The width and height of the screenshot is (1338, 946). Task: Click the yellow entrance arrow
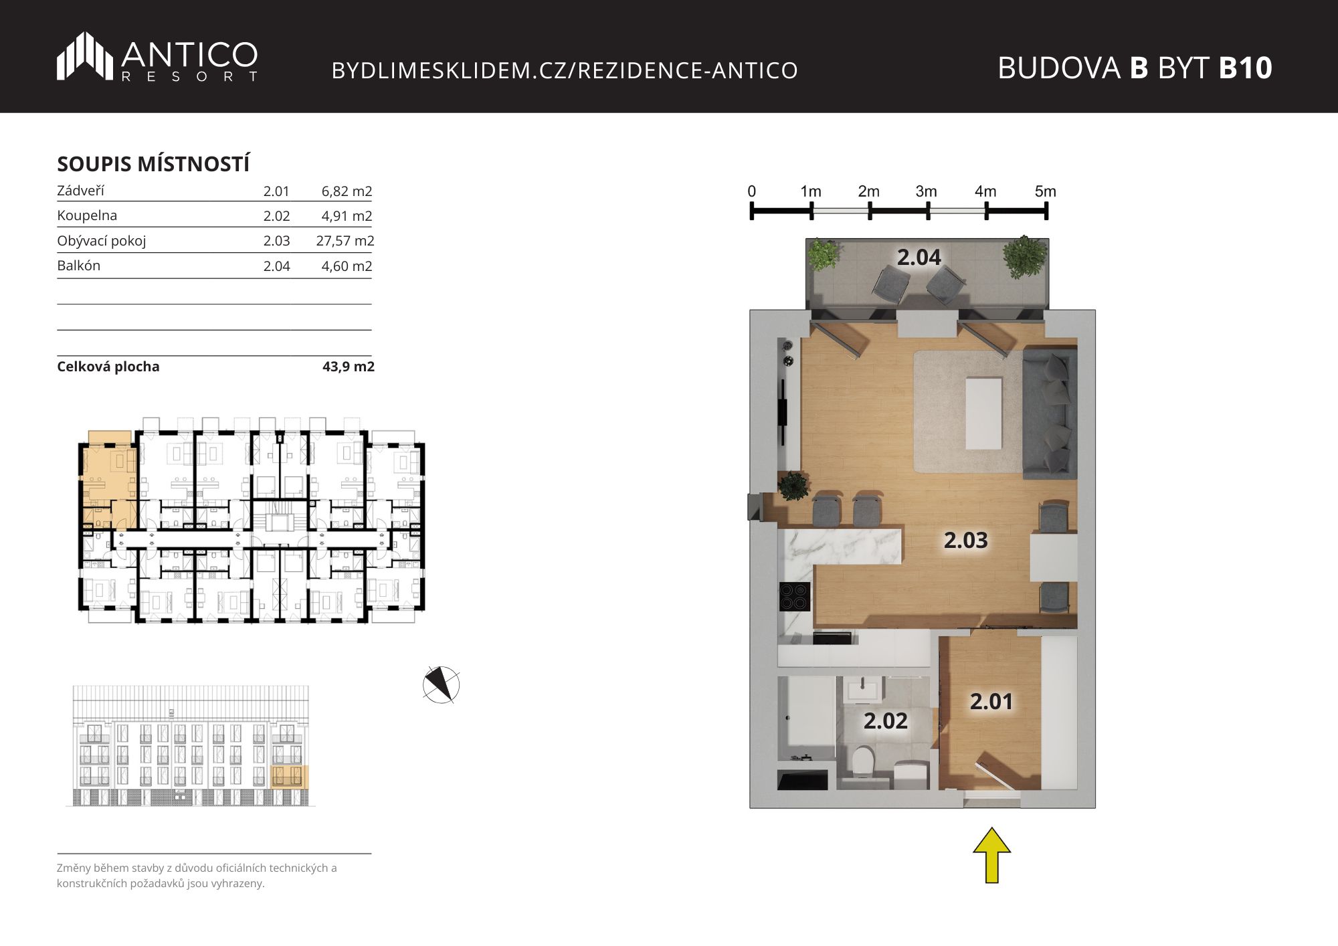point(991,855)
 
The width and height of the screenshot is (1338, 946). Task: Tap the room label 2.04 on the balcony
point(919,258)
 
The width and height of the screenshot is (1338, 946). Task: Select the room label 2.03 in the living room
point(965,541)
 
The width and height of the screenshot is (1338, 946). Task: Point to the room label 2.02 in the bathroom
point(885,721)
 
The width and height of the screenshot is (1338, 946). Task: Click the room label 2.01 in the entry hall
point(991,702)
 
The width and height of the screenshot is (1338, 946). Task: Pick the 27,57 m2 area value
point(345,241)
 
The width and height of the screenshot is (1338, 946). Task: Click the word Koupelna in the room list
point(87,215)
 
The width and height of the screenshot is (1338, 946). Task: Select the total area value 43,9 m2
point(349,367)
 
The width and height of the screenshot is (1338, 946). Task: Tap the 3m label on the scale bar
point(927,191)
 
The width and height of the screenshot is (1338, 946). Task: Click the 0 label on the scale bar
point(752,191)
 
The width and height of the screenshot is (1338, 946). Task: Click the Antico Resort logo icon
point(84,56)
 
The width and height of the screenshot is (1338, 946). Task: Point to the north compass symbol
point(442,684)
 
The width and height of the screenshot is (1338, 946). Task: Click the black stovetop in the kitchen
point(795,597)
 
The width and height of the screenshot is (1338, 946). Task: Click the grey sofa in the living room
point(1050,414)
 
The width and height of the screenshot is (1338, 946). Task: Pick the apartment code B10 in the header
point(1246,68)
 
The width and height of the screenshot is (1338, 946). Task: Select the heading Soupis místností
point(153,164)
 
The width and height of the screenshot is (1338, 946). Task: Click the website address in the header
point(565,70)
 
